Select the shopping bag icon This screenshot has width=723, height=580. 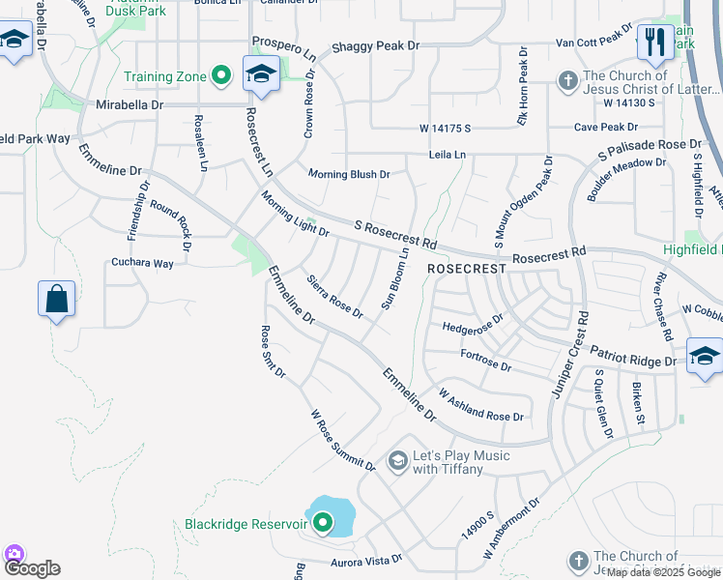57,299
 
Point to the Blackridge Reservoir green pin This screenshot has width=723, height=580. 323,523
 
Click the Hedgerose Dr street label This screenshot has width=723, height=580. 474,322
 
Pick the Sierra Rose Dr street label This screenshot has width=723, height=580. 334,298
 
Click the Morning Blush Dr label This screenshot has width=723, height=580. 349,175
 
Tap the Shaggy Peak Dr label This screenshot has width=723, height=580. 375,45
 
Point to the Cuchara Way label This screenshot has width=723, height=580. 142,263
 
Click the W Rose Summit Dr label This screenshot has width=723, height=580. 342,441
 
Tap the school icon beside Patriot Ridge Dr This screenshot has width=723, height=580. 704,356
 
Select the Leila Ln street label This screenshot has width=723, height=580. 448,155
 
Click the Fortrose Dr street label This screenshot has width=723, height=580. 485,361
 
